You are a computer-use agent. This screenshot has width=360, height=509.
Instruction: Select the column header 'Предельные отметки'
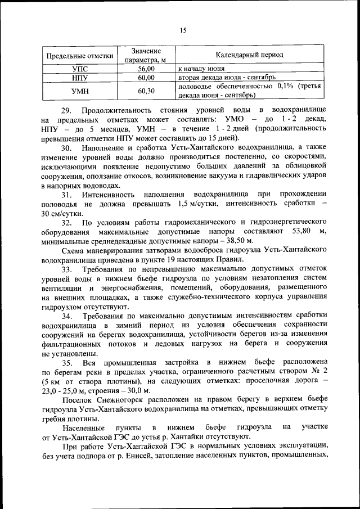(x=79, y=56)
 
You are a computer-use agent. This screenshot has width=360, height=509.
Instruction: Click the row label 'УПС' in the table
(x=79, y=68)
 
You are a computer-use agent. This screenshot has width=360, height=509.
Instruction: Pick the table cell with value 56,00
(x=146, y=68)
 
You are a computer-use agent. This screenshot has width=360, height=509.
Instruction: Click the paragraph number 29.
(x=67, y=110)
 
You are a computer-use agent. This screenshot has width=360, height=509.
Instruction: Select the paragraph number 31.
(x=68, y=194)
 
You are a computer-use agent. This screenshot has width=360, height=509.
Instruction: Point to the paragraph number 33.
(x=67, y=271)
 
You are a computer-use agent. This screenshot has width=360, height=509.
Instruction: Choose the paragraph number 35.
(x=68, y=363)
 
